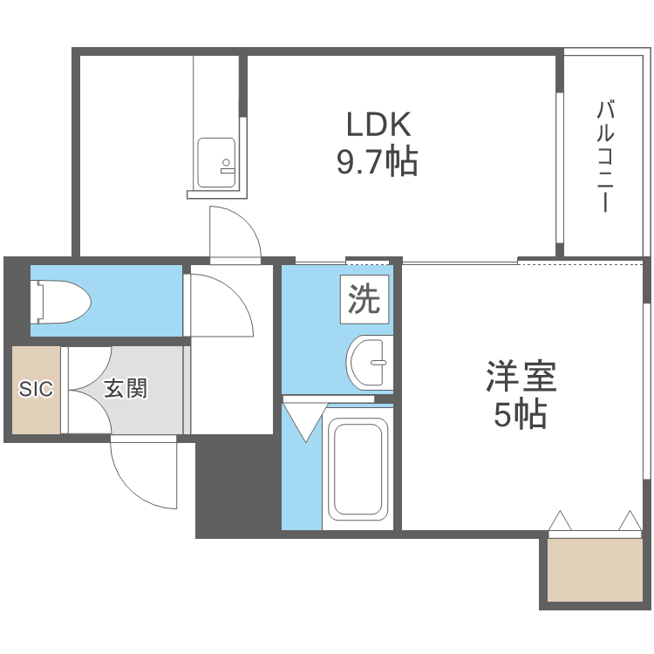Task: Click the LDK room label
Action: point(378,126)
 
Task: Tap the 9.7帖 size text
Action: point(378,162)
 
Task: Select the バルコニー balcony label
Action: point(605,158)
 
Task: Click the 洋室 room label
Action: point(521,378)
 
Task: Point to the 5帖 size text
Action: point(521,416)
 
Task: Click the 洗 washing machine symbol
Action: point(364,299)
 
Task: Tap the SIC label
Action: point(36,389)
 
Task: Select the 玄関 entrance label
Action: point(126,389)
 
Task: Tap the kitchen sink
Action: point(216,162)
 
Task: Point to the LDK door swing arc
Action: point(234,234)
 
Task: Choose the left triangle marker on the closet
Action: point(560,521)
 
